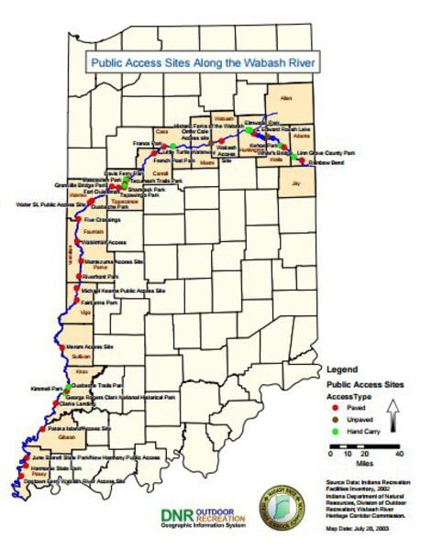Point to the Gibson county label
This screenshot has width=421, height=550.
pyautogui.click(x=65, y=438)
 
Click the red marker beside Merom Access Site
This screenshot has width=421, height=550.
pyautogui.click(x=61, y=347)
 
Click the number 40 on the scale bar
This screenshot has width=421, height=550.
pyautogui.click(x=398, y=454)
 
